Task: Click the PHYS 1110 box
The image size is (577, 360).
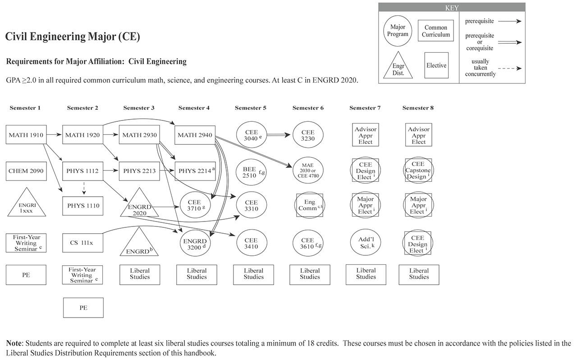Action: pos(82,206)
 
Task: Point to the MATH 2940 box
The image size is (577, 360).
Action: pos(194,135)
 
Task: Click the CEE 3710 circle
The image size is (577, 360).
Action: pos(195,206)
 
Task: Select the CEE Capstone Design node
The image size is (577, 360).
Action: pos(418,171)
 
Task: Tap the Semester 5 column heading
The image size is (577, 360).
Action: pos(251,108)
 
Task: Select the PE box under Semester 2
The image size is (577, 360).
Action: pos(83,308)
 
